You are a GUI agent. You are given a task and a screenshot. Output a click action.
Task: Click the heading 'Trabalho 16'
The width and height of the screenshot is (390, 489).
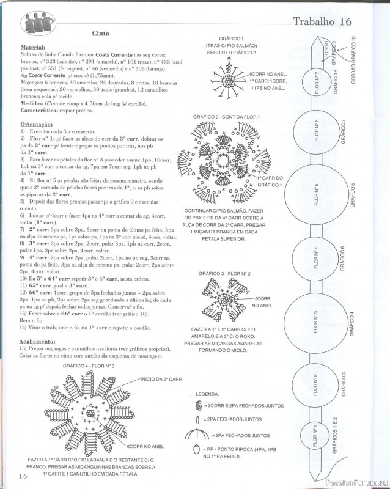[322, 21]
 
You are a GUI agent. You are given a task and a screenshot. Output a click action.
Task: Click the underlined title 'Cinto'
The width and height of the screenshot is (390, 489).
[101, 35]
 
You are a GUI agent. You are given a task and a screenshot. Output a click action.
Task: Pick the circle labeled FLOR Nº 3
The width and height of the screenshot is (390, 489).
[315, 317]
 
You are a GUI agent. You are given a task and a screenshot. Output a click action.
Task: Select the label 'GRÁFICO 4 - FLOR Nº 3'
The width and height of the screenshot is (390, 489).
[89, 366]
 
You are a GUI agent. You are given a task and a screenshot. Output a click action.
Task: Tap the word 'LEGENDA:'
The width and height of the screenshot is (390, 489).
[207, 394]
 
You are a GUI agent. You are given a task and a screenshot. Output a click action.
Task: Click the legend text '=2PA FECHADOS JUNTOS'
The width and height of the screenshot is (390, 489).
[236, 420]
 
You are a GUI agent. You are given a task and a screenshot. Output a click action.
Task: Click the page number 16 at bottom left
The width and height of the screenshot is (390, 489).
[23, 476]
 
